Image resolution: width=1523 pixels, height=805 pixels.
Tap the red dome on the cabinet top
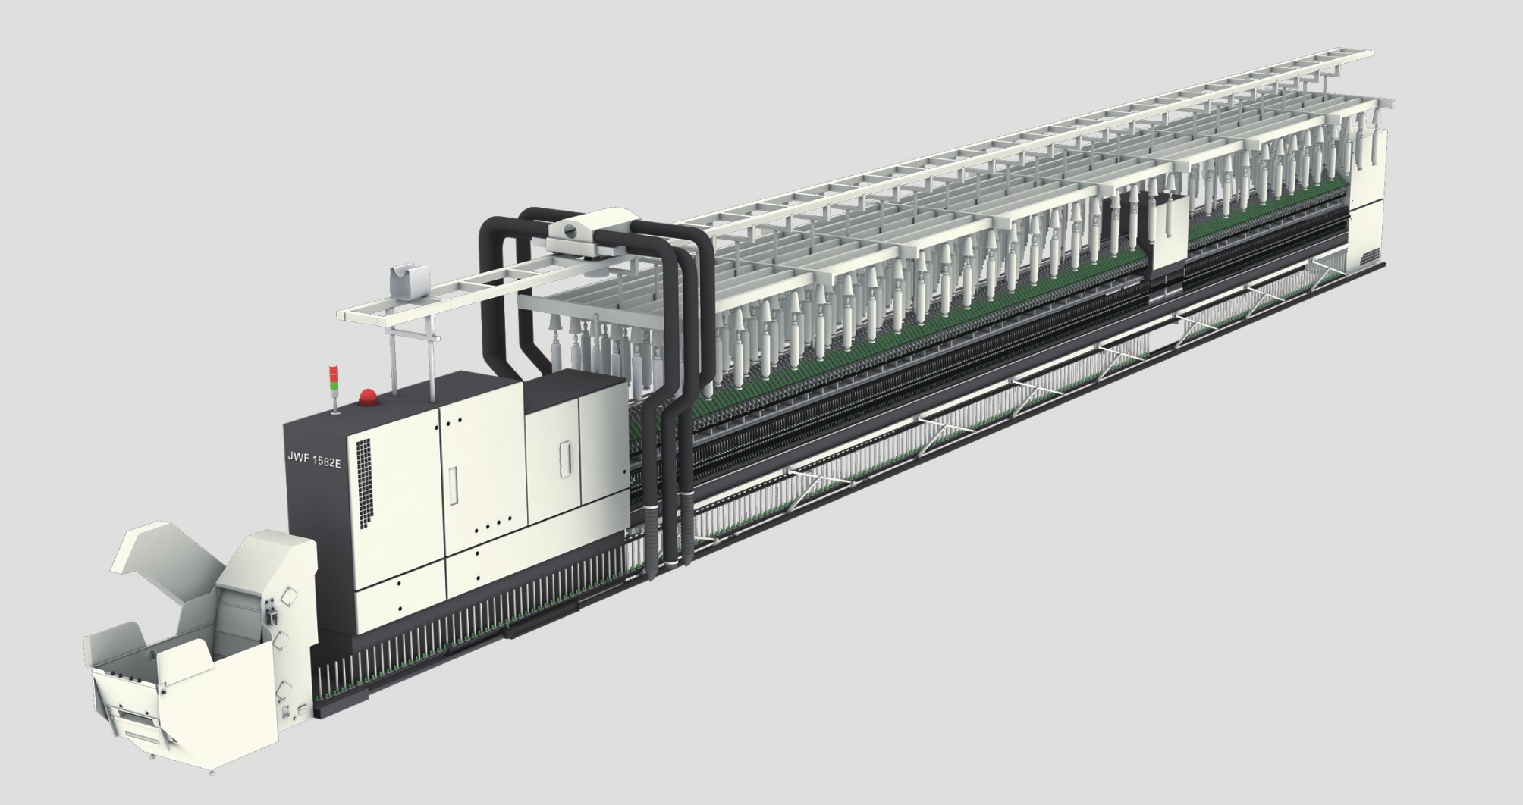(x=369, y=396)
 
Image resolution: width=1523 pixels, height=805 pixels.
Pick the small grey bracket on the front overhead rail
(x=407, y=283)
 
